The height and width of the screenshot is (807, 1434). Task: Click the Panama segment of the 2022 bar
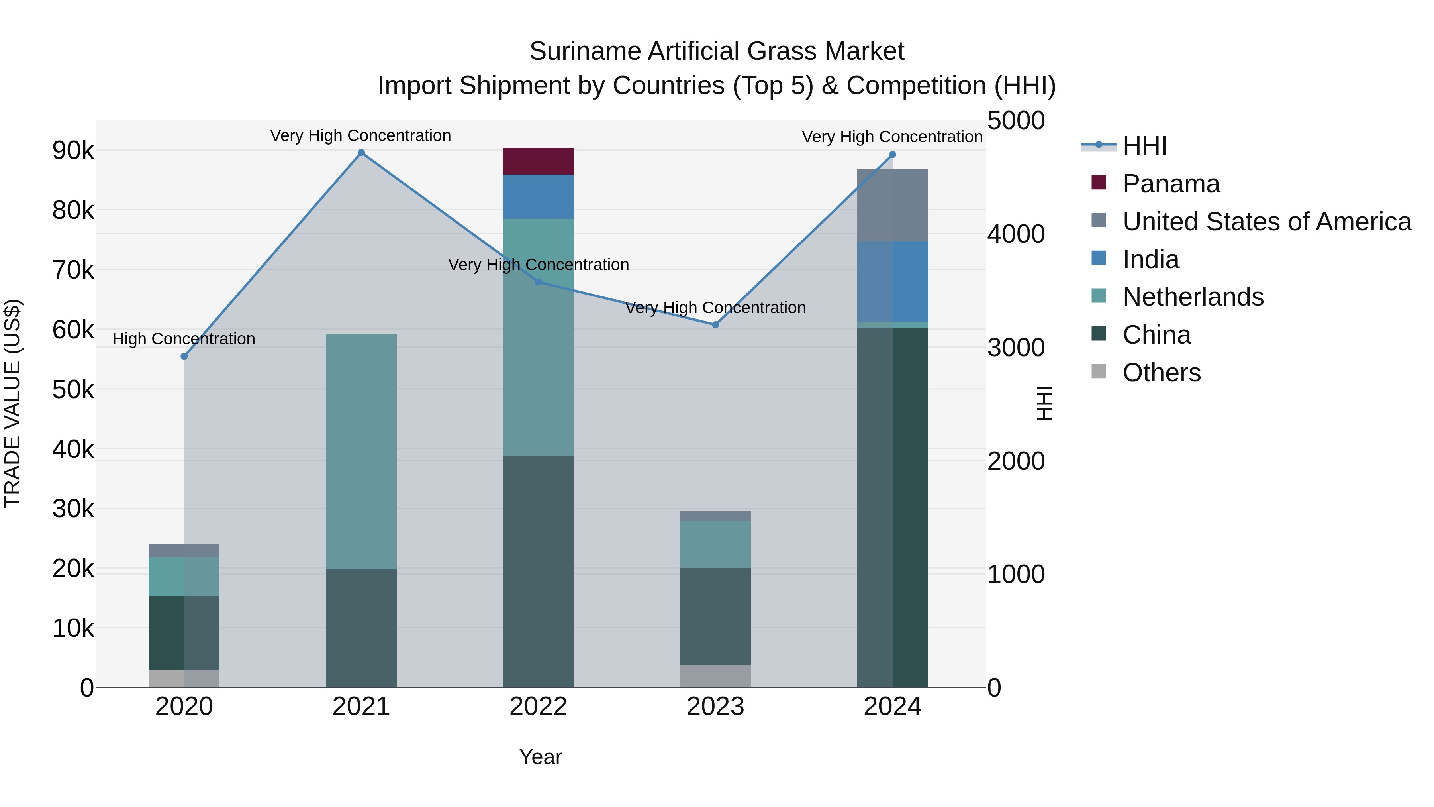click(538, 161)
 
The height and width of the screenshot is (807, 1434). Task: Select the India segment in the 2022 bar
click(538, 196)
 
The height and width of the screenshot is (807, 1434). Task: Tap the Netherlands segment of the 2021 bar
click(361, 451)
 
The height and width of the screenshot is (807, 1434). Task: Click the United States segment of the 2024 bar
click(892, 205)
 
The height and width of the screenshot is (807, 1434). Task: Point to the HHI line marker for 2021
click(361, 153)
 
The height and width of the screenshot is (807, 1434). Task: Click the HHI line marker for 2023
click(715, 325)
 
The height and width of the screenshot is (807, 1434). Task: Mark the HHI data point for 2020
click(184, 356)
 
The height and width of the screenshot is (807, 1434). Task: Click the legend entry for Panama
click(1171, 184)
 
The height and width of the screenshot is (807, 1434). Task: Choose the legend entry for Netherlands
click(1192, 297)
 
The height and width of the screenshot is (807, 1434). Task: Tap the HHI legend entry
click(1144, 146)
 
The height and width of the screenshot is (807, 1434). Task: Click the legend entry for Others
click(1161, 373)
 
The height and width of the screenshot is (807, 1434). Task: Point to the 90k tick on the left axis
click(73, 150)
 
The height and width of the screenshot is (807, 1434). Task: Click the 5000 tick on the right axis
click(1015, 121)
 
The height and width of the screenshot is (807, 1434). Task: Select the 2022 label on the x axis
click(538, 707)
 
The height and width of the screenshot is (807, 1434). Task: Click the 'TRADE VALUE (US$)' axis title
click(12, 403)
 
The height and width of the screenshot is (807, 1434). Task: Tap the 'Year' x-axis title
click(540, 757)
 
